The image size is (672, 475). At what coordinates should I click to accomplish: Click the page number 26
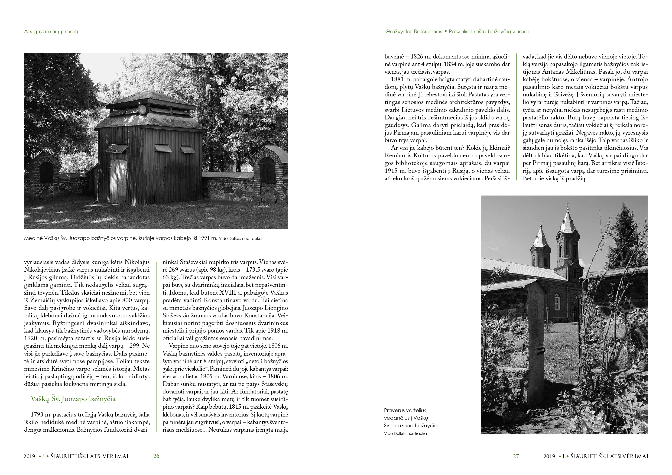click(156, 456)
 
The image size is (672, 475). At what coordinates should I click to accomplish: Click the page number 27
click(516, 456)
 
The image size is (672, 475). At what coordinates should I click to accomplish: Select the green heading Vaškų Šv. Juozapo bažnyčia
click(73, 399)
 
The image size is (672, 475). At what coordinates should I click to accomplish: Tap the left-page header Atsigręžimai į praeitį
click(51, 32)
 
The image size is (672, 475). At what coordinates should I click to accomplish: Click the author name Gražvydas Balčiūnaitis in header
click(414, 32)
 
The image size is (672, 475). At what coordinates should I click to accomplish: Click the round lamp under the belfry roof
click(142, 109)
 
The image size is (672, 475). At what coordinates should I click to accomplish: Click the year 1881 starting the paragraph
click(397, 79)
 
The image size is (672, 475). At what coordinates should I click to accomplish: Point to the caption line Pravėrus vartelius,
click(405, 410)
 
